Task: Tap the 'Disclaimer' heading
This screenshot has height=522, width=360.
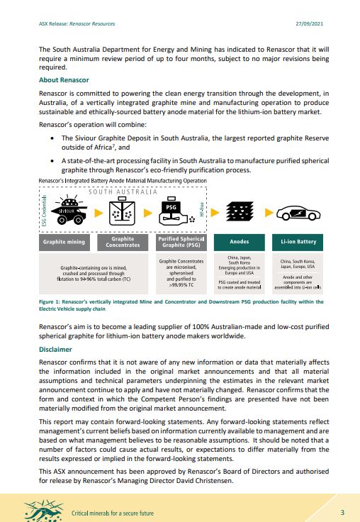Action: point(55,350)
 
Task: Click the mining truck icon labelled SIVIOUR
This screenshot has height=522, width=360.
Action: point(65,212)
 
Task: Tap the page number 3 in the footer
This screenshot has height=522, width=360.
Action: point(342,511)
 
